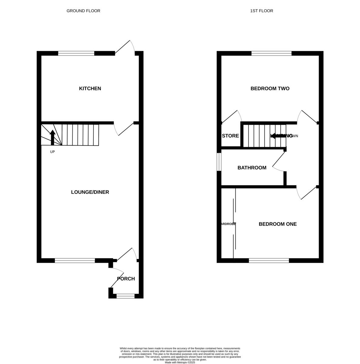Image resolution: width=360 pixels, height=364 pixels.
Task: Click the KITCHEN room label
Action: [x=90, y=89]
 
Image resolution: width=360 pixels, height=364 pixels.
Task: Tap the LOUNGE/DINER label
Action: [x=90, y=192]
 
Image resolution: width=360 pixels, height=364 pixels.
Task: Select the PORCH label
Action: [x=126, y=279]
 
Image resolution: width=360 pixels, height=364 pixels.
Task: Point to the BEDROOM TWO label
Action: [x=270, y=89]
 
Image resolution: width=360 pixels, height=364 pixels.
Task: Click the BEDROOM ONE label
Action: [x=277, y=224]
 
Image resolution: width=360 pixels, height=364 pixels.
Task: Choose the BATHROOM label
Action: [x=252, y=168]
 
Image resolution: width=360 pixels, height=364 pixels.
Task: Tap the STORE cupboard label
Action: [x=230, y=136]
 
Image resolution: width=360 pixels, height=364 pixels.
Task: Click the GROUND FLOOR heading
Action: [x=83, y=11]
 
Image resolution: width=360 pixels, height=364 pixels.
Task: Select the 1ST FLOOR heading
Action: [x=261, y=11]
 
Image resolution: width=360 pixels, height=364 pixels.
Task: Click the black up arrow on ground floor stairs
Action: [x=53, y=137]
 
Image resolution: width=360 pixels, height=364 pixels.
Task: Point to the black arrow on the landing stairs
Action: [x=278, y=136]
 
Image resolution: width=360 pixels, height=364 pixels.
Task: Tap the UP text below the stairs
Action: [x=53, y=152]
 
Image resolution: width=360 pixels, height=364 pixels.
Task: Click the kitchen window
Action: [x=76, y=53]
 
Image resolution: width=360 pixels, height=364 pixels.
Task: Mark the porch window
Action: [x=125, y=296]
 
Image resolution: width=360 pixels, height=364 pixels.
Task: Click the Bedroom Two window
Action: [x=271, y=53]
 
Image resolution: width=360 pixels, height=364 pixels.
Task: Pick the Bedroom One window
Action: [x=269, y=260]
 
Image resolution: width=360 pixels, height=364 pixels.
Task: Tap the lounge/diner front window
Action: [x=75, y=260]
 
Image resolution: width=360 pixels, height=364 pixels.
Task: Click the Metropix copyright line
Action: [x=180, y=362]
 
